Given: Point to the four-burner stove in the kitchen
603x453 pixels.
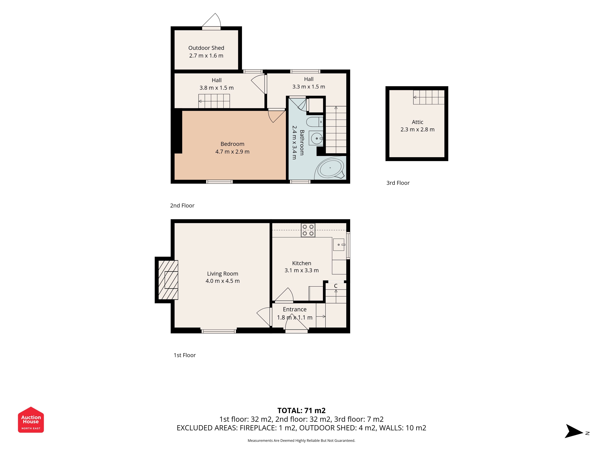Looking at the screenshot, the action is tap(308, 230).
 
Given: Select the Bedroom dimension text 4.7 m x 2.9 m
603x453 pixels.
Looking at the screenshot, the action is tap(232, 152).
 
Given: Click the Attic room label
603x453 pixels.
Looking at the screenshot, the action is tap(417, 122).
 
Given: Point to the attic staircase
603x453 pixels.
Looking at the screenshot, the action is tap(429, 97).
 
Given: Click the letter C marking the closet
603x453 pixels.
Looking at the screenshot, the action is tap(336, 286).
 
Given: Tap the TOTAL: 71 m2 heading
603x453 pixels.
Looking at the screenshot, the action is tap(301, 410).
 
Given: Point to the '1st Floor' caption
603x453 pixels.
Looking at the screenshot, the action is tap(185, 355).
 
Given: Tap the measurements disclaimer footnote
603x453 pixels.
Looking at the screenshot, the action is tap(301, 440).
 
